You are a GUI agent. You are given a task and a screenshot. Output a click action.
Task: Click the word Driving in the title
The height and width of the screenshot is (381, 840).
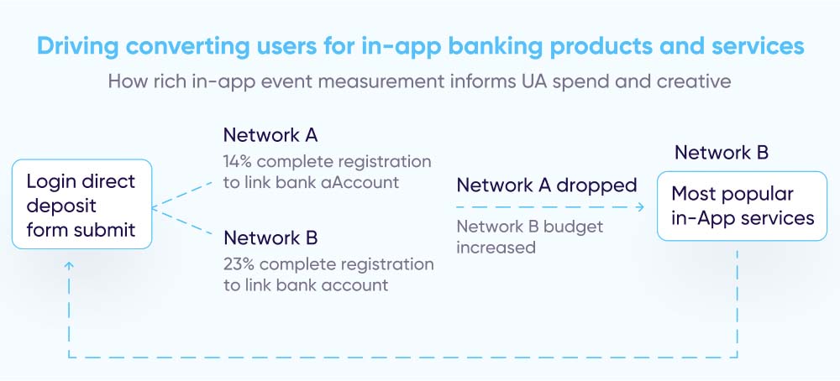click(x=77, y=46)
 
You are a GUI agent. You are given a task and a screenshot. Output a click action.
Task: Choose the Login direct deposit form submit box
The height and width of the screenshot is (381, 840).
click(x=82, y=204)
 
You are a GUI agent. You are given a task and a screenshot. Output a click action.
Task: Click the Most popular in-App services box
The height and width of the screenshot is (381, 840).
click(x=743, y=206)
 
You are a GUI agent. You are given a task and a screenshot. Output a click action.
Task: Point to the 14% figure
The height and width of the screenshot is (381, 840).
click(x=239, y=161)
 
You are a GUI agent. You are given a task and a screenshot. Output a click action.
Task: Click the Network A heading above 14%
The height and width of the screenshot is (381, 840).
click(x=270, y=135)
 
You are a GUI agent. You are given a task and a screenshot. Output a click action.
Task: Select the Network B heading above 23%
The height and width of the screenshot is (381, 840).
click(x=270, y=237)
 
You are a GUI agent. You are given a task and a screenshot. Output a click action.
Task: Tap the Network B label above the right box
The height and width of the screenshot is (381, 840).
click(x=722, y=153)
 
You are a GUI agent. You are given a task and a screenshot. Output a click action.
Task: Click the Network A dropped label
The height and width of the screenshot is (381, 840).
click(x=547, y=185)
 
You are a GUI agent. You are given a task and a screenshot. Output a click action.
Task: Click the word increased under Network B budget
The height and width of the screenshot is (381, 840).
click(x=496, y=248)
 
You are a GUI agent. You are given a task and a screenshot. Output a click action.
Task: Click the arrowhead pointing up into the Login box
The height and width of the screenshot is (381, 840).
click(x=69, y=264)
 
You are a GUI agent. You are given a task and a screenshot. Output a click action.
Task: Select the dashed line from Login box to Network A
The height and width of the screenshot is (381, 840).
click(x=182, y=196)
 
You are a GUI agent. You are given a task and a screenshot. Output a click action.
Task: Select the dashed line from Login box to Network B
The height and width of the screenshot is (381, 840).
click(x=182, y=221)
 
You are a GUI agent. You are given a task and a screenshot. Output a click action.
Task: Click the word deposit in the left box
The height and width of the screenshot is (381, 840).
click(x=61, y=206)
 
